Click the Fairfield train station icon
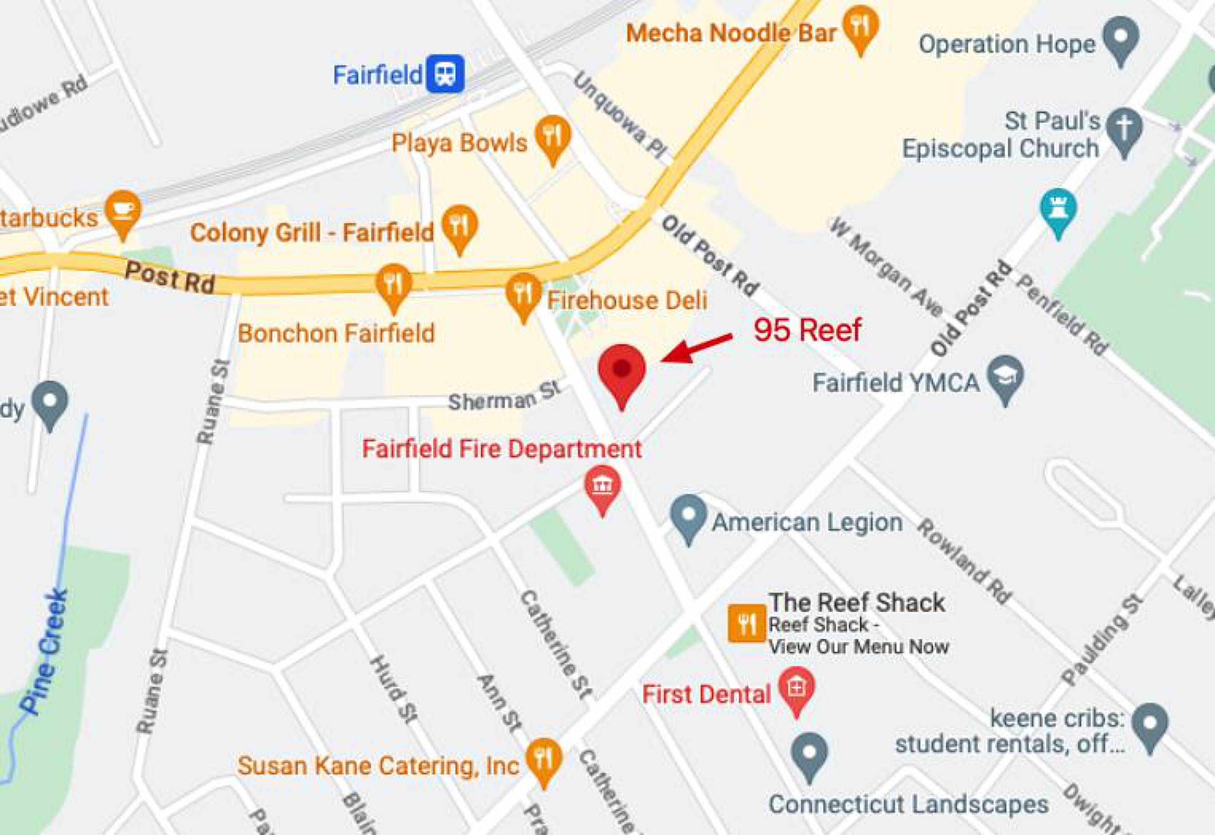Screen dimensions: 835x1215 pos(445,74)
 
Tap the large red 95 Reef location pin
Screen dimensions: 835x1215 pos(622,372)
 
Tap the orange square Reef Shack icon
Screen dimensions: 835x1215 pos(746,623)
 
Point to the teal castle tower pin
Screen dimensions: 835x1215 pos(1059,210)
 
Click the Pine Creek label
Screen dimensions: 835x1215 pos(45,651)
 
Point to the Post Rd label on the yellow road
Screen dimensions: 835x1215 pos(170,277)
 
